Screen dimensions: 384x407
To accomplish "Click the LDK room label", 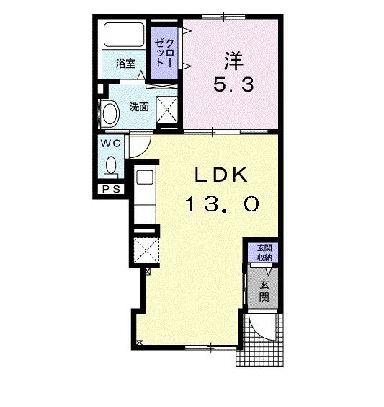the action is (x=220, y=175).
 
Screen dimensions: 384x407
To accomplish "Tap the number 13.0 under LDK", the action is (x=222, y=203).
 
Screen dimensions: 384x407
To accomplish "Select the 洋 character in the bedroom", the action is (x=233, y=61).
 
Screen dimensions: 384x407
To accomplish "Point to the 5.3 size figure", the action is (x=233, y=84).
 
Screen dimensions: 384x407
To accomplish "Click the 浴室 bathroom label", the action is (x=125, y=64).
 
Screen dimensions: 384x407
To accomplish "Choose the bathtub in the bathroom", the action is (x=124, y=35).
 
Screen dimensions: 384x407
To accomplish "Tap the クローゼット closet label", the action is (x=164, y=53).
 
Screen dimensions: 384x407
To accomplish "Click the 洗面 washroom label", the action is (x=139, y=107).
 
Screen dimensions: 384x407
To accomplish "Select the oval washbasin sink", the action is (x=111, y=114).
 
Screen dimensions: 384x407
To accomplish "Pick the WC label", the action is (x=111, y=144).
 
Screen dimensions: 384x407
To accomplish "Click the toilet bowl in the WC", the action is (x=112, y=165).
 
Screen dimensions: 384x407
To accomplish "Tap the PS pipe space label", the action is (x=112, y=189).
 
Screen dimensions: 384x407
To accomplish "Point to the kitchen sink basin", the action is (x=145, y=178).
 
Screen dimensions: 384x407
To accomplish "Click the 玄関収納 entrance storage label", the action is (x=264, y=253).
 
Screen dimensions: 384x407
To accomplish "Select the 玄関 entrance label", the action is (x=264, y=291).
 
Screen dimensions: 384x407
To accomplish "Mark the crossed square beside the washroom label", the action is (x=167, y=109).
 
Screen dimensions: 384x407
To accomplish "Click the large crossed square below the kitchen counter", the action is (x=146, y=250).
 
